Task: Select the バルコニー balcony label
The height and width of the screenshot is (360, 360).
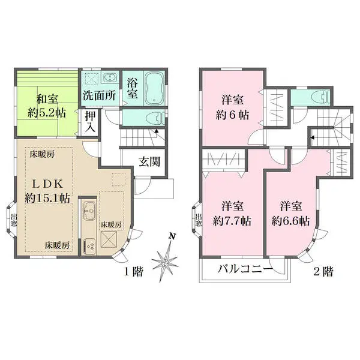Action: pos(241,269)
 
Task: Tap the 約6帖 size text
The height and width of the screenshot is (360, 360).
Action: pos(231,112)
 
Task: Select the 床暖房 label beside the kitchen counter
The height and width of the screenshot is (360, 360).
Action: pos(111,224)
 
